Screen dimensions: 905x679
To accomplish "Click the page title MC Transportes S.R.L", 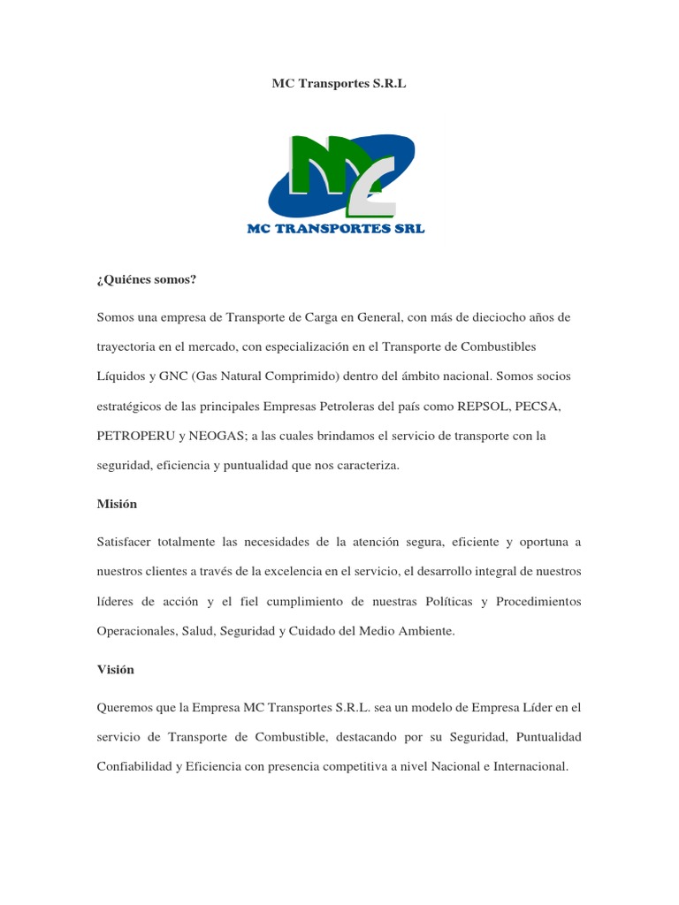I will point(339,84).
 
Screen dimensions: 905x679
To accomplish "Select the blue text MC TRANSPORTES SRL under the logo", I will point(336,228).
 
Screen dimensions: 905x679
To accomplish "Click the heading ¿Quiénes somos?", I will point(146,279).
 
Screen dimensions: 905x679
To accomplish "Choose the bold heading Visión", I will point(116,669).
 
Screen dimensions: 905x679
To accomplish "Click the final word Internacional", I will point(527,766).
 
